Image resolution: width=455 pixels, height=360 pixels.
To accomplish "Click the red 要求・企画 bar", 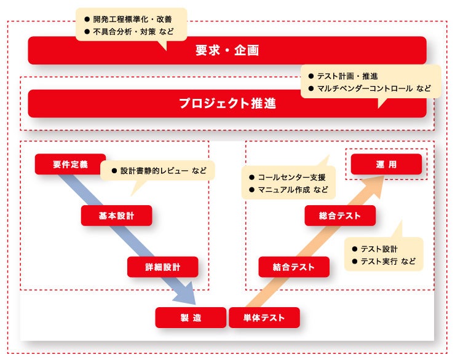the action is pos(227,50).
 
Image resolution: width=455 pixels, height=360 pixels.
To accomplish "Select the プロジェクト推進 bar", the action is pos(227,103).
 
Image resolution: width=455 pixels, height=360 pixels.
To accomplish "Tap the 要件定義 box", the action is pos(70,164).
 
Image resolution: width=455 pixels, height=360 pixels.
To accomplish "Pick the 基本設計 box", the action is pos(116,216).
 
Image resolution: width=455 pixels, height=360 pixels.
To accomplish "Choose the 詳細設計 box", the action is pos(163,267).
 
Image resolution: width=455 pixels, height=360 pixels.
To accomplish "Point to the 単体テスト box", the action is pos(264,318).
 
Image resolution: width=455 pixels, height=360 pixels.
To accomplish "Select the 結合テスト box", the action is pos(294,267).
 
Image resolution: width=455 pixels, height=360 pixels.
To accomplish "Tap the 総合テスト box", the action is pos(339,216).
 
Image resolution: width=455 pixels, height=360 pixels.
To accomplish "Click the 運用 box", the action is pos(386,164).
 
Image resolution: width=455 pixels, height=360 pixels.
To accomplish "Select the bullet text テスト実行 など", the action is pos(387,262).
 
